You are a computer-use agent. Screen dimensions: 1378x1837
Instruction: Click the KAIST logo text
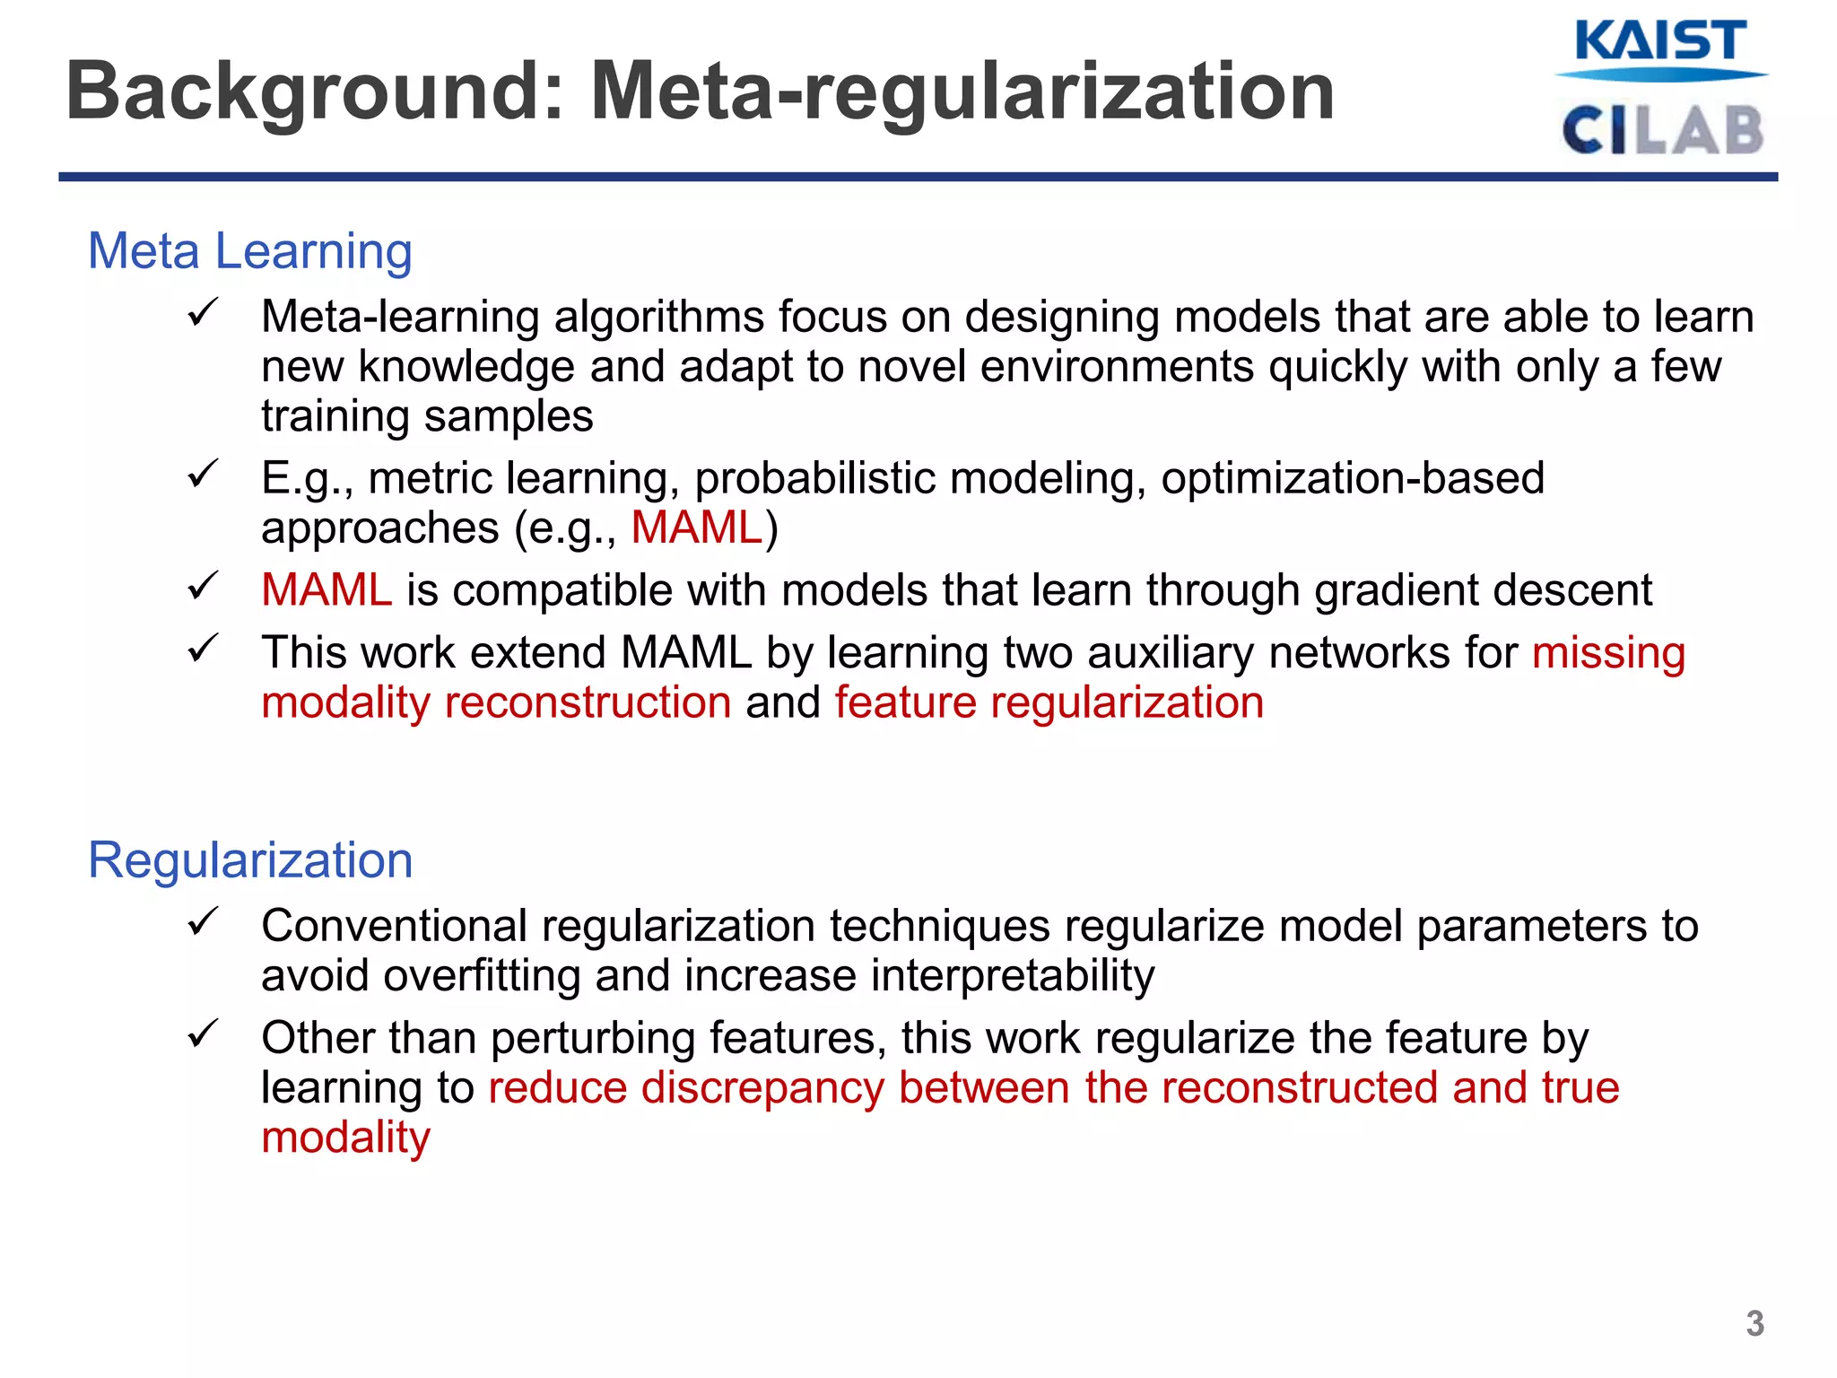(x=1660, y=41)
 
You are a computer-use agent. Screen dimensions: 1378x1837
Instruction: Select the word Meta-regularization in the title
(x=962, y=91)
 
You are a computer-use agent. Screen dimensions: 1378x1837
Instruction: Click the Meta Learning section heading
(x=249, y=250)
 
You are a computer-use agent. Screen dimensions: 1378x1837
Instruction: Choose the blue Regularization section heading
(x=249, y=859)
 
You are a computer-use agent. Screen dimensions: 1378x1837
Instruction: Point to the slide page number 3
(x=1754, y=1323)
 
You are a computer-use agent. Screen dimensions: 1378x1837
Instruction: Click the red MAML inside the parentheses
(x=697, y=527)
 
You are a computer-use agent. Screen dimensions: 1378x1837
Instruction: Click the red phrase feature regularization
(x=1049, y=702)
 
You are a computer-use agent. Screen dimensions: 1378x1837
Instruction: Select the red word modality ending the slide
(x=345, y=1137)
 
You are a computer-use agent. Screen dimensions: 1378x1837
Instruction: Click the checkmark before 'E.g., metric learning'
(x=204, y=475)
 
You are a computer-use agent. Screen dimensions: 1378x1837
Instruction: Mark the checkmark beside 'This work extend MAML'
(x=204, y=649)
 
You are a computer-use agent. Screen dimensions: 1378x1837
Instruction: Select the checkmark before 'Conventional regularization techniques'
(x=204, y=922)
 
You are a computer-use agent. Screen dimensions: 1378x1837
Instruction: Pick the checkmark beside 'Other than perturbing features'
(x=204, y=1034)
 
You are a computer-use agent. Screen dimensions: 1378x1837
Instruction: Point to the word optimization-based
(x=1353, y=477)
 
